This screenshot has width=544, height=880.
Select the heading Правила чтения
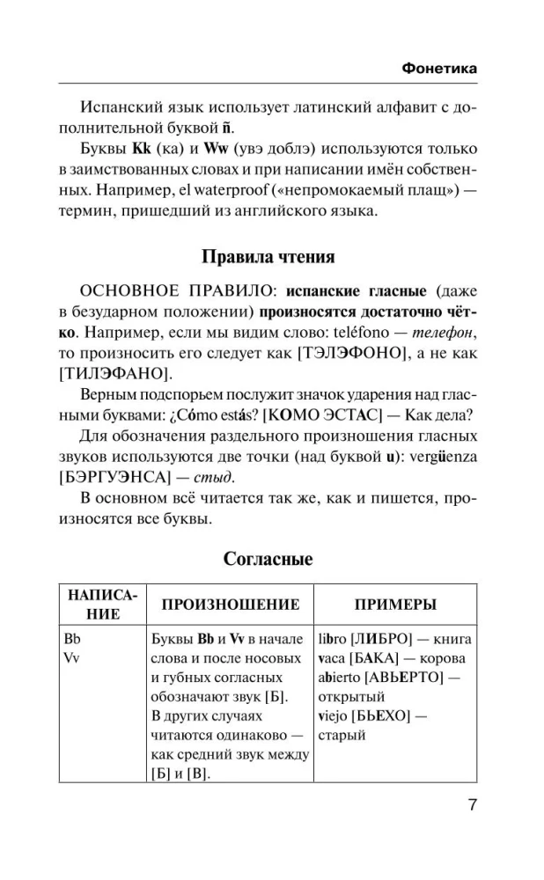[x=268, y=258]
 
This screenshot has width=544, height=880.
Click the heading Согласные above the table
[x=268, y=558]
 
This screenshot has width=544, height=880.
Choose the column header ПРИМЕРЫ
[x=395, y=605]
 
